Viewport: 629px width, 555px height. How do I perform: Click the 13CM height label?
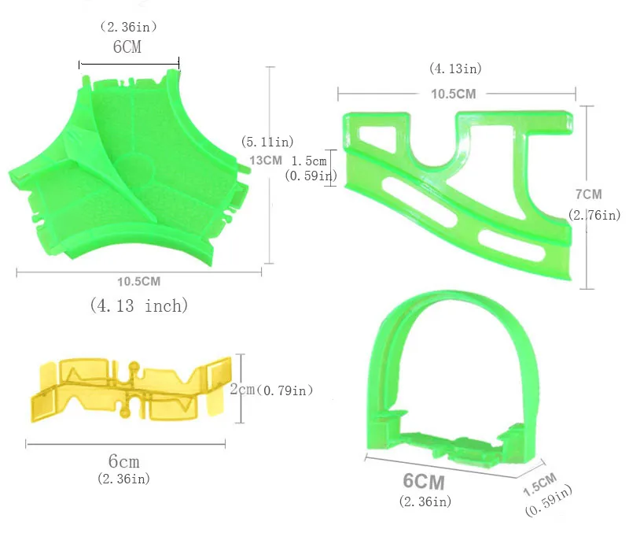pos(266,161)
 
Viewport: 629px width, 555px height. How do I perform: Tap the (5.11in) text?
pos(267,142)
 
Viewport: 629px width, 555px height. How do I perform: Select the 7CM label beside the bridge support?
pos(588,194)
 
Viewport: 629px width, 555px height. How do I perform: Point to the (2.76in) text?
pos(594,215)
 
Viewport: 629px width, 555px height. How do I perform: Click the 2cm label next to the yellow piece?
pos(242,389)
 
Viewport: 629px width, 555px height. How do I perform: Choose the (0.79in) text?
pos(285,390)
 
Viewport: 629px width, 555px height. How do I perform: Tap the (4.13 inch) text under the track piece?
pos(139,305)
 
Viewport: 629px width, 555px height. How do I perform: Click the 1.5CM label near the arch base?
pos(540,484)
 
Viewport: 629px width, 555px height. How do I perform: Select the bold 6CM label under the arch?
pos(424,482)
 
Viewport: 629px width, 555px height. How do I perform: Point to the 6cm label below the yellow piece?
pos(124,461)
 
